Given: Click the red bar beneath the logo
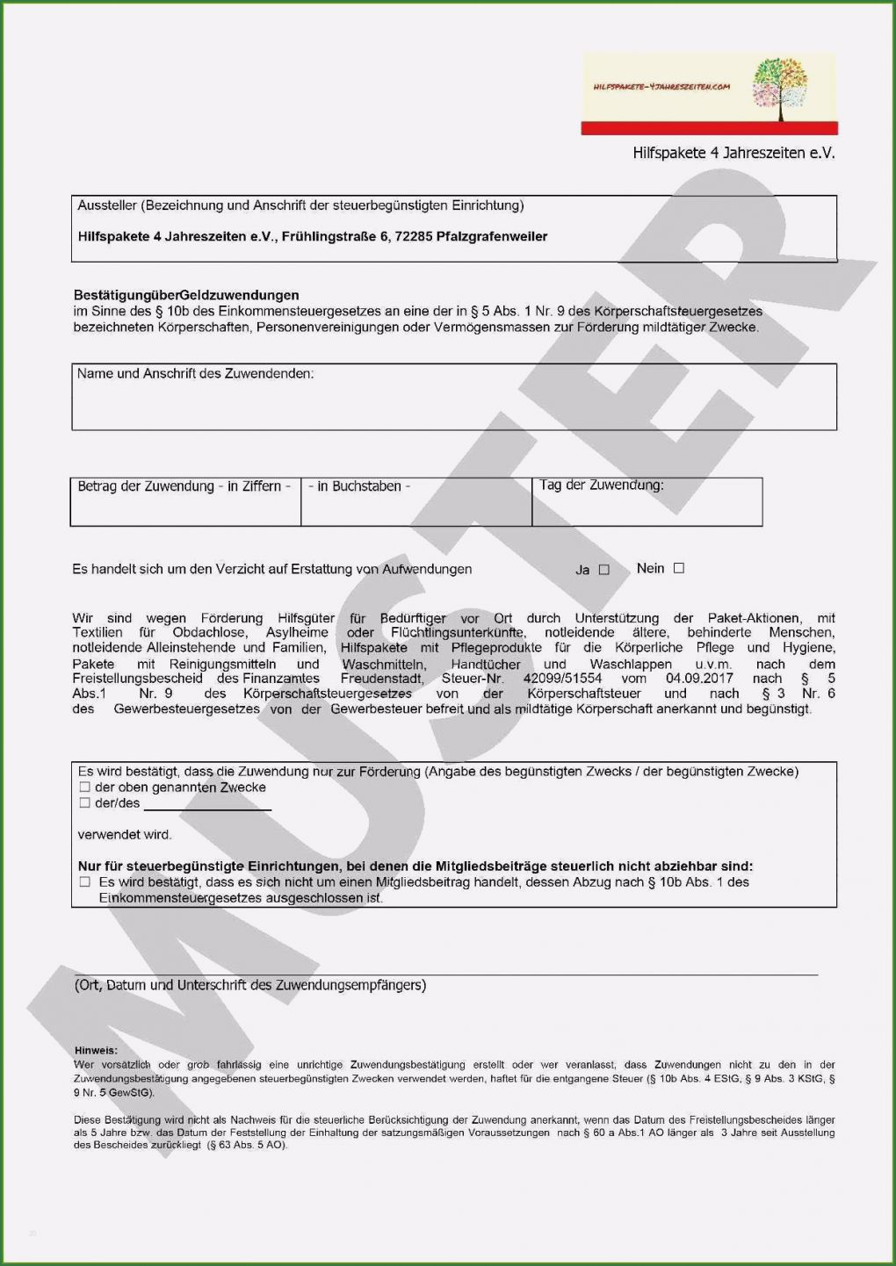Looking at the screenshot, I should click(x=709, y=128).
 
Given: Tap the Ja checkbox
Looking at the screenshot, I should click(x=603, y=570).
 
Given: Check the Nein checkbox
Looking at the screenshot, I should click(x=678, y=568).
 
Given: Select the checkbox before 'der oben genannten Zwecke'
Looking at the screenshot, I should click(x=85, y=788).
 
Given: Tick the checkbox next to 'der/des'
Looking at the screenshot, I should click(x=85, y=802).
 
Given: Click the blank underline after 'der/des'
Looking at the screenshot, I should click(x=207, y=806).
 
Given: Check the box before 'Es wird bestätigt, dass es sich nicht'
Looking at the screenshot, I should click(x=85, y=881).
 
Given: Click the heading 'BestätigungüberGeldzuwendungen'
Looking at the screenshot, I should click(x=186, y=295).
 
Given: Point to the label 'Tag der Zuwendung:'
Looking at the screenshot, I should click(x=602, y=485).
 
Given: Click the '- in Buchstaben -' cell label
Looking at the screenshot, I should click(x=359, y=486).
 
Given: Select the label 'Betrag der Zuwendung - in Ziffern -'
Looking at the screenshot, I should click(x=184, y=486).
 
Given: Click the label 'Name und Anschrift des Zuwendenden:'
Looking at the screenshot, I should click(x=195, y=373).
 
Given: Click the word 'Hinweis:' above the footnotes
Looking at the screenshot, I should click(x=96, y=1050).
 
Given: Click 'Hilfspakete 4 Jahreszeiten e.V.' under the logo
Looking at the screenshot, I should click(x=733, y=153).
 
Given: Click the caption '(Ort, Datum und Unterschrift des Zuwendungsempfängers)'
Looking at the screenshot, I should click(x=250, y=985).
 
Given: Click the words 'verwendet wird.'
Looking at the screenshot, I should click(x=125, y=835).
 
